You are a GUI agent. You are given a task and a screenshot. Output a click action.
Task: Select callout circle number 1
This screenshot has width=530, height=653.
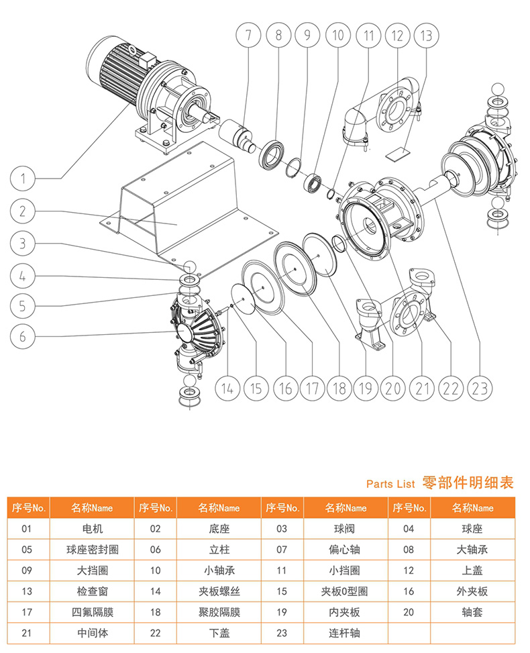[23, 179]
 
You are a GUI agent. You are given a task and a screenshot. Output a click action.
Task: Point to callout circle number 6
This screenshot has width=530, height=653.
[23, 336]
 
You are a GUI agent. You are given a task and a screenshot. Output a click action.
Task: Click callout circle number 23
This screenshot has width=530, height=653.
[481, 387]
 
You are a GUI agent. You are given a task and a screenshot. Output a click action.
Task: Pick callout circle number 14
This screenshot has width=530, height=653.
[228, 387]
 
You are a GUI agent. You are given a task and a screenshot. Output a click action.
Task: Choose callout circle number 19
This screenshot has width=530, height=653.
[365, 387]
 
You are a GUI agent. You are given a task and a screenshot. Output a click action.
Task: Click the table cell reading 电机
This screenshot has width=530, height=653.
[92, 529]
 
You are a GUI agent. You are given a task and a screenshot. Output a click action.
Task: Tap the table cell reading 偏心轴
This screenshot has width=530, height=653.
[346, 550]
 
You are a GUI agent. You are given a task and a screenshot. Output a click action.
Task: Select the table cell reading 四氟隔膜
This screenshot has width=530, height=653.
[92, 612]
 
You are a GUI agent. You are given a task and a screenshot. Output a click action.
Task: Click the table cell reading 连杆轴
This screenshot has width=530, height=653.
[346, 633]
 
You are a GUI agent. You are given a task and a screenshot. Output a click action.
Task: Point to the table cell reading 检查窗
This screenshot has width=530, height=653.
[92, 591]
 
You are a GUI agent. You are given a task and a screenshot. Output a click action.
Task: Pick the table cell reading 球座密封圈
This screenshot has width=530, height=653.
[92, 550]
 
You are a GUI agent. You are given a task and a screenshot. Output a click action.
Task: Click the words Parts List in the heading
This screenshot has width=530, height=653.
[390, 483]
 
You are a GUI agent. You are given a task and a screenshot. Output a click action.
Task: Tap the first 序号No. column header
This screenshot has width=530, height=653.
[28, 508]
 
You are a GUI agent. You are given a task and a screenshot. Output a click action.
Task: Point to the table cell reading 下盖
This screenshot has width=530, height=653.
[219, 633]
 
